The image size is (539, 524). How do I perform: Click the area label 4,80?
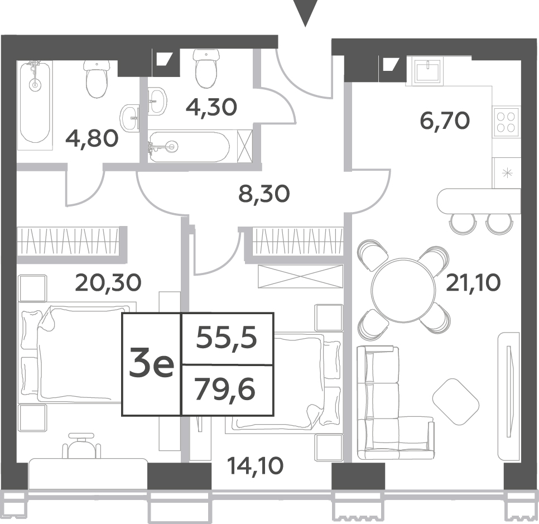(92, 139)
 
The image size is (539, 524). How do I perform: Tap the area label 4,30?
(211, 107)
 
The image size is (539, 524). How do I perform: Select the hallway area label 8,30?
(264, 194)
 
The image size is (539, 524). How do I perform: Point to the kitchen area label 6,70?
(445, 121)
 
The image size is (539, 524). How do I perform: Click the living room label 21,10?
(473, 283)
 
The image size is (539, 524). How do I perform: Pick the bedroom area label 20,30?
(108, 283)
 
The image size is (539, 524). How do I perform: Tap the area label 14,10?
(256, 466)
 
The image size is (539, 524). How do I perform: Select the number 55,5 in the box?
(227, 338)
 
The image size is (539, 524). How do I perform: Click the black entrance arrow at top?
(305, 13)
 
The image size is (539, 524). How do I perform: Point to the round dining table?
(402, 290)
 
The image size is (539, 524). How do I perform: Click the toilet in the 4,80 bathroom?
(98, 79)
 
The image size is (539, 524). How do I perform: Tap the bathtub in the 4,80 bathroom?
(35, 103)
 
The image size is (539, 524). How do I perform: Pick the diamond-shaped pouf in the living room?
(456, 402)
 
